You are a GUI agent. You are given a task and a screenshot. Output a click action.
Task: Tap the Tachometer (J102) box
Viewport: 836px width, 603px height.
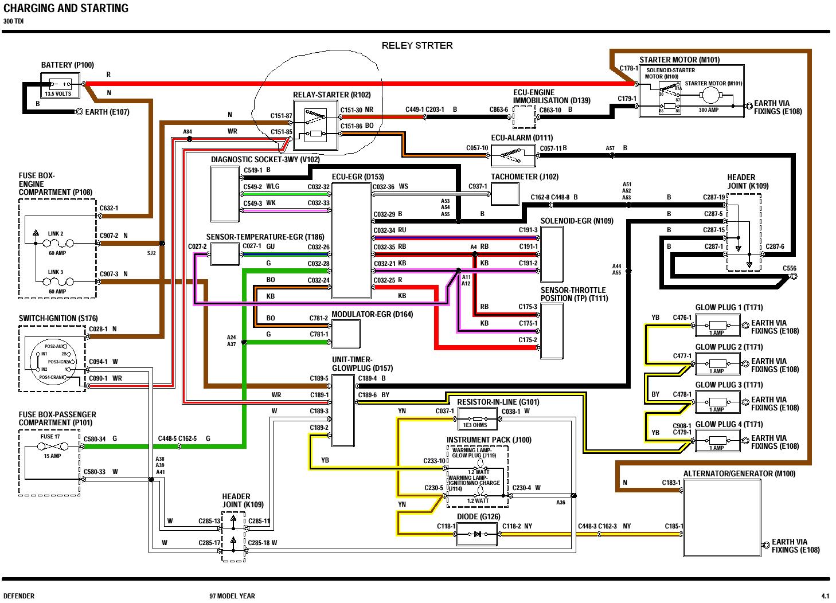pos(505,194)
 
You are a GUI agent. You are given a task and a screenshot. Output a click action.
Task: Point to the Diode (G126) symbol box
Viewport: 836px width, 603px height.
pos(477,534)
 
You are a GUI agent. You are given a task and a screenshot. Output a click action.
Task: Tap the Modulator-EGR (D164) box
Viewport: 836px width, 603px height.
pos(346,334)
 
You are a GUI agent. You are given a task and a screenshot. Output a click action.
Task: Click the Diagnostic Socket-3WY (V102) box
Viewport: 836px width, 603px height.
pos(224,193)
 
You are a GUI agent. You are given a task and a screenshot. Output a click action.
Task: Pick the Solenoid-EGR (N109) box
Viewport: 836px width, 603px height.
pos(552,254)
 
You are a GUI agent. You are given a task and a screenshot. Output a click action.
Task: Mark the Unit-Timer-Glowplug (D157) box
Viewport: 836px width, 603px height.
pos(343,410)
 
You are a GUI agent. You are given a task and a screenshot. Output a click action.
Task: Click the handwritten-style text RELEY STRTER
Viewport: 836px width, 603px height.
pos(417,45)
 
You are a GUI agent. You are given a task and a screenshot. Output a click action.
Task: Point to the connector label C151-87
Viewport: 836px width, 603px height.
pos(281,116)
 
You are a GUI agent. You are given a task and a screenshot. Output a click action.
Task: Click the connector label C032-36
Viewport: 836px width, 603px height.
pos(384,186)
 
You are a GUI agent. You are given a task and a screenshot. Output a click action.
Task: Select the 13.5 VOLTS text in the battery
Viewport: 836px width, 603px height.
pos(58,93)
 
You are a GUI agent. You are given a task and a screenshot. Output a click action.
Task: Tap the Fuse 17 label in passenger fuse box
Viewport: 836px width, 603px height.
pos(50,437)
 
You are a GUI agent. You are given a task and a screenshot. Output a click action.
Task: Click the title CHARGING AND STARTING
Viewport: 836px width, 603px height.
pos(66,9)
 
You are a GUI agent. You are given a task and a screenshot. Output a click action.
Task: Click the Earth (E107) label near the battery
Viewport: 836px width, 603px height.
pos(107,112)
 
